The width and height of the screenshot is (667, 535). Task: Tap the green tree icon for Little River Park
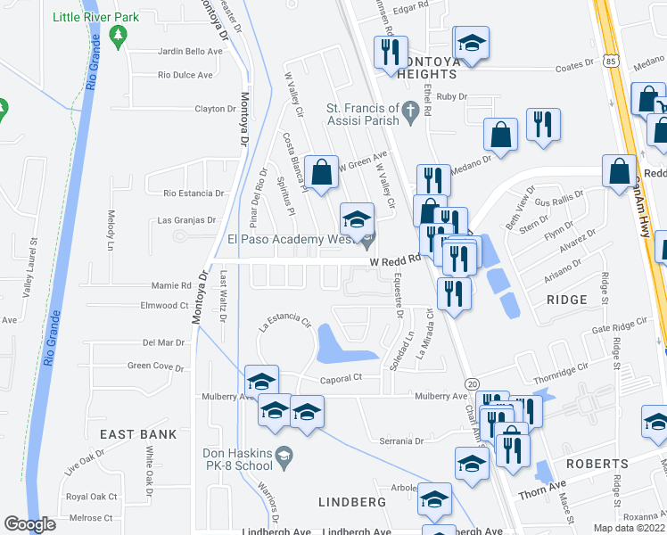(117, 35)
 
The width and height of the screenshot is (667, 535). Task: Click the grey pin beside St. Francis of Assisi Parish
(411, 111)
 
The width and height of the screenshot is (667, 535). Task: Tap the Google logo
(29, 524)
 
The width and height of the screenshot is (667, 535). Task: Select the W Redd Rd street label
(394, 260)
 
